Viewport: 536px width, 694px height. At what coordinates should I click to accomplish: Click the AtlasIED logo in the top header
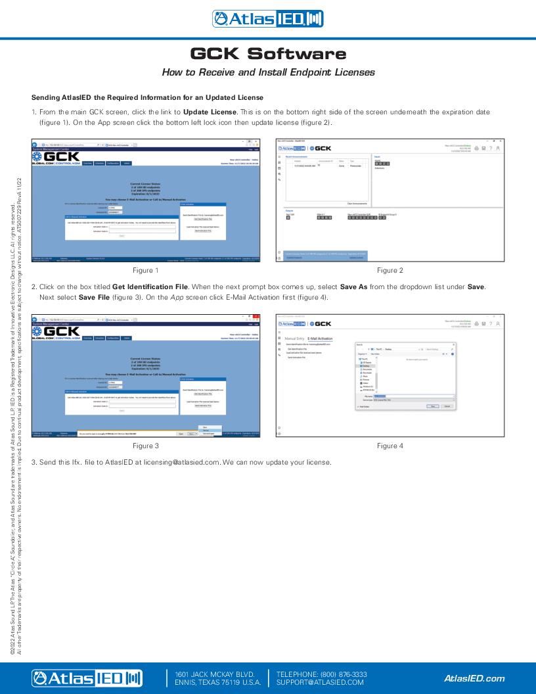click(267, 19)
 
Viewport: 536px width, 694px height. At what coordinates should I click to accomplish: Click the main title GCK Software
click(268, 53)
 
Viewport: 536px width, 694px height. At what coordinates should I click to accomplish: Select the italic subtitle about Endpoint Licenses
click(268, 72)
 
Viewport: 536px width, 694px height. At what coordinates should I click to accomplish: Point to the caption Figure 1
click(146, 270)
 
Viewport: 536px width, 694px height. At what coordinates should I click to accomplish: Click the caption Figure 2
click(390, 270)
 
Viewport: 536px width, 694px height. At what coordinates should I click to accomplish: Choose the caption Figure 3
click(146, 446)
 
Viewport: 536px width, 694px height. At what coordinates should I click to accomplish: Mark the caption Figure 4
click(390, 446)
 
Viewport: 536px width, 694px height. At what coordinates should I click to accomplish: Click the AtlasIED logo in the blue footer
click(87, 678)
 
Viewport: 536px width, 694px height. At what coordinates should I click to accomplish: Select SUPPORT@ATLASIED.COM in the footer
click(320, 682)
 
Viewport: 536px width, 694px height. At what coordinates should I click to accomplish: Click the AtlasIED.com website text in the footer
click(474, 678)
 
